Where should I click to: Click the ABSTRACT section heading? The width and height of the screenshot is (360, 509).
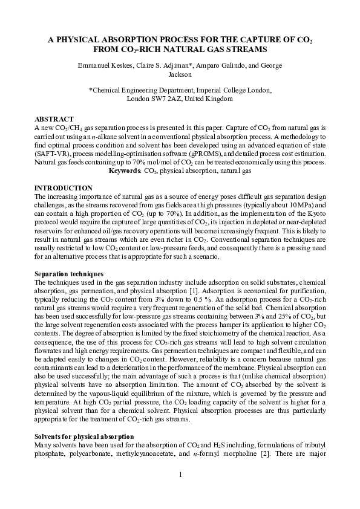click(54, 119)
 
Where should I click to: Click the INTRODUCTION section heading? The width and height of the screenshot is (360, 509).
click(64, 188)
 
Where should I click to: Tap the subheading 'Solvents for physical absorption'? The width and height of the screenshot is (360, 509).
click(84, 436)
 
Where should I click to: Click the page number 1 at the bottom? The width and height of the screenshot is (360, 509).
click(180, 473)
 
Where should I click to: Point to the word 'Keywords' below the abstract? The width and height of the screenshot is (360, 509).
click(125, 171)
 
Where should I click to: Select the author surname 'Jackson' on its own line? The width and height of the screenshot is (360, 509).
click(180, 76)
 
